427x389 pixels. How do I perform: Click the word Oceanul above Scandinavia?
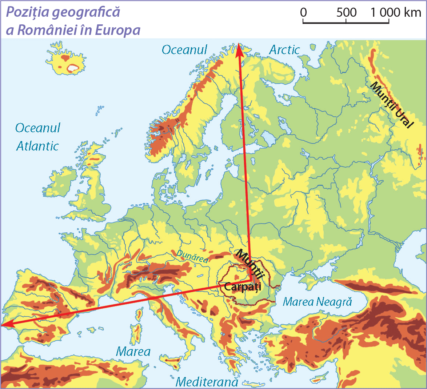184,50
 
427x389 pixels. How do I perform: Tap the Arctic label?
284,50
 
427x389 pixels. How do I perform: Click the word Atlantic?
37,146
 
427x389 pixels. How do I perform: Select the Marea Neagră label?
318,302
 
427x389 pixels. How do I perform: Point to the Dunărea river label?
192,256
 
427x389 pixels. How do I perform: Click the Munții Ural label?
392,105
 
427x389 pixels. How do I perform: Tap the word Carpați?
243,287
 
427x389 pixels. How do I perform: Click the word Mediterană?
207,382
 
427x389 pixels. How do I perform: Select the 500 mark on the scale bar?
346,13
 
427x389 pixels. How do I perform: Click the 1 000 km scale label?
396,13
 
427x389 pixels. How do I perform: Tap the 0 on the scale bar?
303,13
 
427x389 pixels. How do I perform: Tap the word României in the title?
51,30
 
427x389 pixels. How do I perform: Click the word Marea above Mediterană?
133,352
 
